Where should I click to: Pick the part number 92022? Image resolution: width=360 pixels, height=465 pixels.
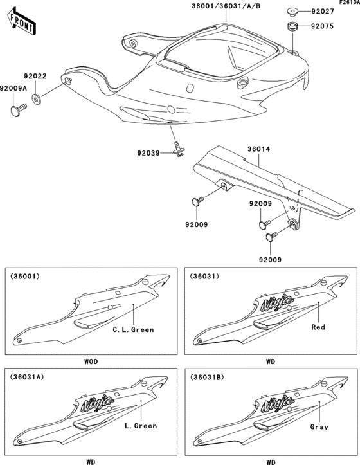click(x=35, y=77)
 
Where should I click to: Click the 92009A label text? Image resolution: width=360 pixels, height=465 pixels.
click(x=14, y=88)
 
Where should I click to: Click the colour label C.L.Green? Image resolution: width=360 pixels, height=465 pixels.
click(x=133, y=330)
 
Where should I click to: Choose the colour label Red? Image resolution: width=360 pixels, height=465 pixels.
click(x=318, y=327)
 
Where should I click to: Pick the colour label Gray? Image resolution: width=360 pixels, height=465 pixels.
click(x=319, y=426)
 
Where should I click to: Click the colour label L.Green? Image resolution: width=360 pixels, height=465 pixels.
click(x=140, y=426)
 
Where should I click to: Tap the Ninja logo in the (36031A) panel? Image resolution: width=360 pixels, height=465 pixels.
click(x=97, y=403)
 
